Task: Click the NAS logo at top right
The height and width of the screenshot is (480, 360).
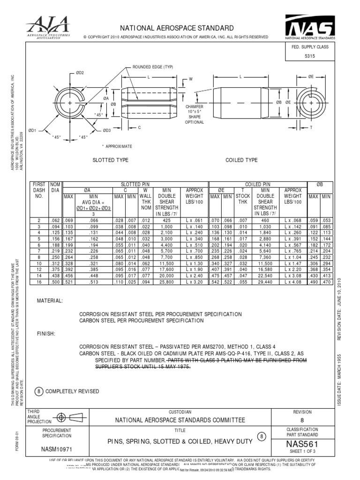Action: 310,28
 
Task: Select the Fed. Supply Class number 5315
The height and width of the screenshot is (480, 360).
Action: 310,56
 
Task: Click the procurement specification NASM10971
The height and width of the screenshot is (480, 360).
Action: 56,448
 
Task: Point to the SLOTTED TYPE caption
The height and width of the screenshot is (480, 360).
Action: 111,160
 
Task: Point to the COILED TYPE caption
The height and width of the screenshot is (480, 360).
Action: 241,160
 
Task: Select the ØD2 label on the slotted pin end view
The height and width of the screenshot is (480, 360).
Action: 80,73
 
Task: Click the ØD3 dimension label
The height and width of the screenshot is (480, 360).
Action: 106,130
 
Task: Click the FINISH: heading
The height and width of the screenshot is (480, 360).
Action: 46,334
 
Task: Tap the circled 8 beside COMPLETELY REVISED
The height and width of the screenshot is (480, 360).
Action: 39,391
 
